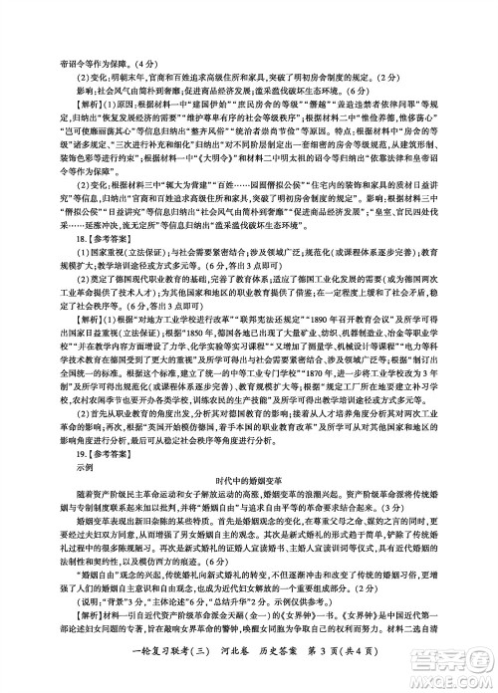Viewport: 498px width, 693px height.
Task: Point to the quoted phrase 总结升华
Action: pyautogui.click(x=236, y=603)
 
